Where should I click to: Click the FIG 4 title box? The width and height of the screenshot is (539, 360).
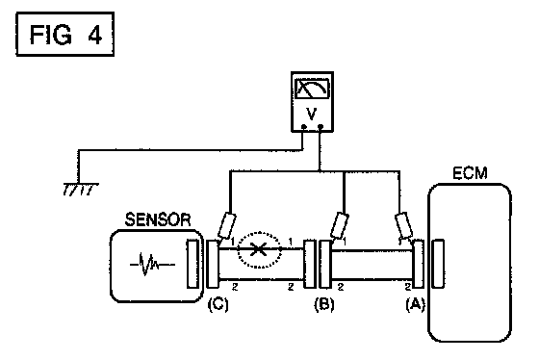tap(65, 34)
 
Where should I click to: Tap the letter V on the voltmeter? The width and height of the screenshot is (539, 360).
tap(312, 114)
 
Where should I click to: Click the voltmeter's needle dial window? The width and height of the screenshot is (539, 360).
tap(312, 89)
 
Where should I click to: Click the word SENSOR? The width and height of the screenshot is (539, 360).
tap(158, 219)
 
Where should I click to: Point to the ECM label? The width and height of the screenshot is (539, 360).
tap(470, 173)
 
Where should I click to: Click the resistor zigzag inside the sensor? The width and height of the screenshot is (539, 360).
tap(152, 265)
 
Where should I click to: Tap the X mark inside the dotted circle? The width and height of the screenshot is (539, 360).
tap(259, 249)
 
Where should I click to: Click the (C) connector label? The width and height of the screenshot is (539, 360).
tap(218, 304)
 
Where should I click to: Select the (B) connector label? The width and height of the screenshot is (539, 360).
tap(324, 304)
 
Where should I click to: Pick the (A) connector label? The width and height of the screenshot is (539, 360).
tap(415, 304)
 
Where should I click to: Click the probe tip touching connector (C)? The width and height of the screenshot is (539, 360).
tap(218, 241)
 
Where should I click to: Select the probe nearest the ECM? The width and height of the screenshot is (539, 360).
tap(404, 226)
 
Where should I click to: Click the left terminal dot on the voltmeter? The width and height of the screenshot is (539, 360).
tap(304, 127)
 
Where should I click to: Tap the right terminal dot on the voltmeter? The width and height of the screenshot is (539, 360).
tap(321, 127)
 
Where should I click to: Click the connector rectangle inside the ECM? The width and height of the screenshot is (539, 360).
tap(438, 264)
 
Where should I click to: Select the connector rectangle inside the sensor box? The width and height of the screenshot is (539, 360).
tap(192, 264)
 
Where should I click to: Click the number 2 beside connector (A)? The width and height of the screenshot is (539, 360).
tap(408, 287)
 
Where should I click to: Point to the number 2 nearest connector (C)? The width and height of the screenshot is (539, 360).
tap(235, 287)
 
